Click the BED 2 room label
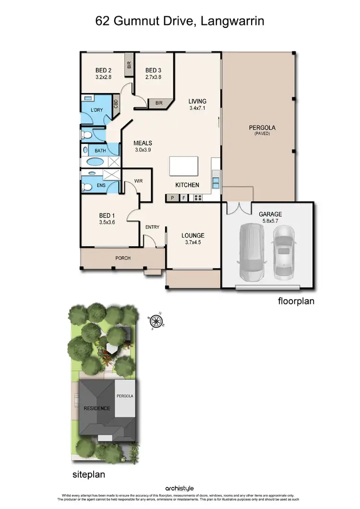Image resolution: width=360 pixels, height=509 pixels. coord(104,70)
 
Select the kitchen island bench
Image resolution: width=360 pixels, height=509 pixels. coord(184,167)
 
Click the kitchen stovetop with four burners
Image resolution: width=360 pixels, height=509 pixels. coord(197,197)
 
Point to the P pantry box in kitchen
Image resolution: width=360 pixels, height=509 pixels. coord(171,197)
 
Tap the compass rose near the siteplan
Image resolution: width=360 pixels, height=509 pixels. coord(156,319)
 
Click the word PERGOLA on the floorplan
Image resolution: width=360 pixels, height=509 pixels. coord(263,128)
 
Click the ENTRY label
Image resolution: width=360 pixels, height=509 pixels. coord(152,227)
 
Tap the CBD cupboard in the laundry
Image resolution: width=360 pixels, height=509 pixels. coord(116,103)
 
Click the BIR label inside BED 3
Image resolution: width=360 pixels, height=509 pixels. coord(158,102)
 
